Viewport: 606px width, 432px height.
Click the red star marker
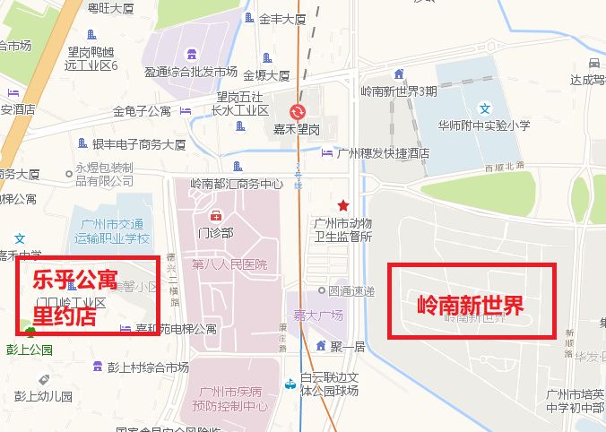click(x=343, y=205)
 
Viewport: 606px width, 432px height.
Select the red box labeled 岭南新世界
click(x=471, y=301)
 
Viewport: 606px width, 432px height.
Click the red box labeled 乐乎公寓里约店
click(x=88, y=296)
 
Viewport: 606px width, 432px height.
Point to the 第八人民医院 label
click(x=229, y=264)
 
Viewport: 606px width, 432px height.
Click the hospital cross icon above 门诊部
click(x=215, y=216)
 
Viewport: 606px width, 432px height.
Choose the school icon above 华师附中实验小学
click(x=485, y=108)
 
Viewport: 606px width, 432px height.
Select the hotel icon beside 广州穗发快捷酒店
click(x=326, y=153)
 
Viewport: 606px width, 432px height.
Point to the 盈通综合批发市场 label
click(x=191, y=72)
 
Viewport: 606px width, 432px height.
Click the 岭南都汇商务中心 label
click(x=237, y=184)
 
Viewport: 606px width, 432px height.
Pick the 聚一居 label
click(x=346, y=346)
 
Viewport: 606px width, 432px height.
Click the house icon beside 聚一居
click(x=321, y=346)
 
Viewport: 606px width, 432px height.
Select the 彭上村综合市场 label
click(x=148, y=367)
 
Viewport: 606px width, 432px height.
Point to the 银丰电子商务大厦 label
click(x=138, y=143)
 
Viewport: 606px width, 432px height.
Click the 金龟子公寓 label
click(x=142, y=111)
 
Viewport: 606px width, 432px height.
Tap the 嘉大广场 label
click(x=318, y=315)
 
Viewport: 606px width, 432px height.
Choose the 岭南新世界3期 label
click(x=399, y=91)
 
